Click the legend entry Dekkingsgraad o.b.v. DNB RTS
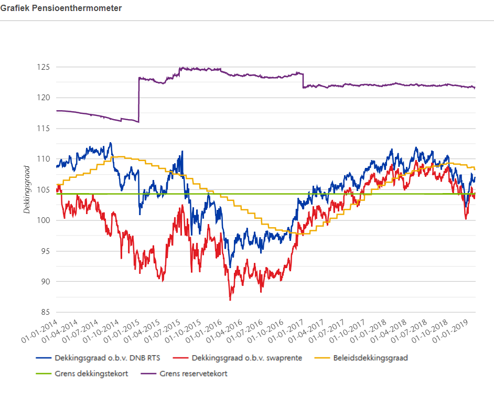101,358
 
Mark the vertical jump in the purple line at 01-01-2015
139,100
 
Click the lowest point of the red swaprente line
230,300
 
